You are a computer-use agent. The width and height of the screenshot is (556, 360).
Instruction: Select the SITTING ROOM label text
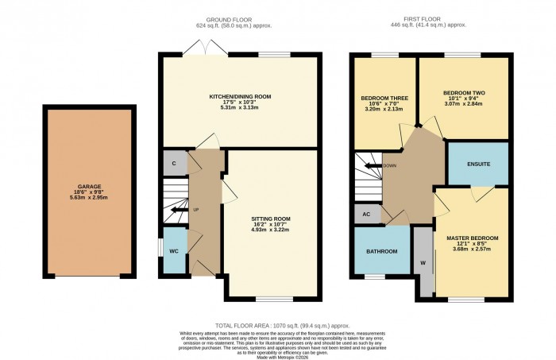[x=271, y=218]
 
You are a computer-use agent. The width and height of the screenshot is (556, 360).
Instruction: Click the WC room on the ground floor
[x=172, y=251]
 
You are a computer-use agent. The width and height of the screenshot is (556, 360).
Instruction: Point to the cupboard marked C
[x=173, y=163]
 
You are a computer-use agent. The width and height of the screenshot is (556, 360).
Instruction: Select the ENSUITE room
[x=477, y=164]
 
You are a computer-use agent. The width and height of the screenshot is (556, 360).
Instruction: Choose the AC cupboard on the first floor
[x=366, y=215]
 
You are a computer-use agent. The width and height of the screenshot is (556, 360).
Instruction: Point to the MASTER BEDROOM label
[x=472, y=238]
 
